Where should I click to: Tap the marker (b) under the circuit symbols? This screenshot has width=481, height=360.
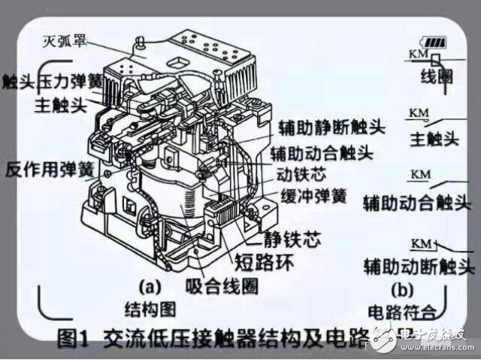coord(404,289)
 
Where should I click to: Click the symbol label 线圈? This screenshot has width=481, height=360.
coord(432,79)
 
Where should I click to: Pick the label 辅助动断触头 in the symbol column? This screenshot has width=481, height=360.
coord(419,268)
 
